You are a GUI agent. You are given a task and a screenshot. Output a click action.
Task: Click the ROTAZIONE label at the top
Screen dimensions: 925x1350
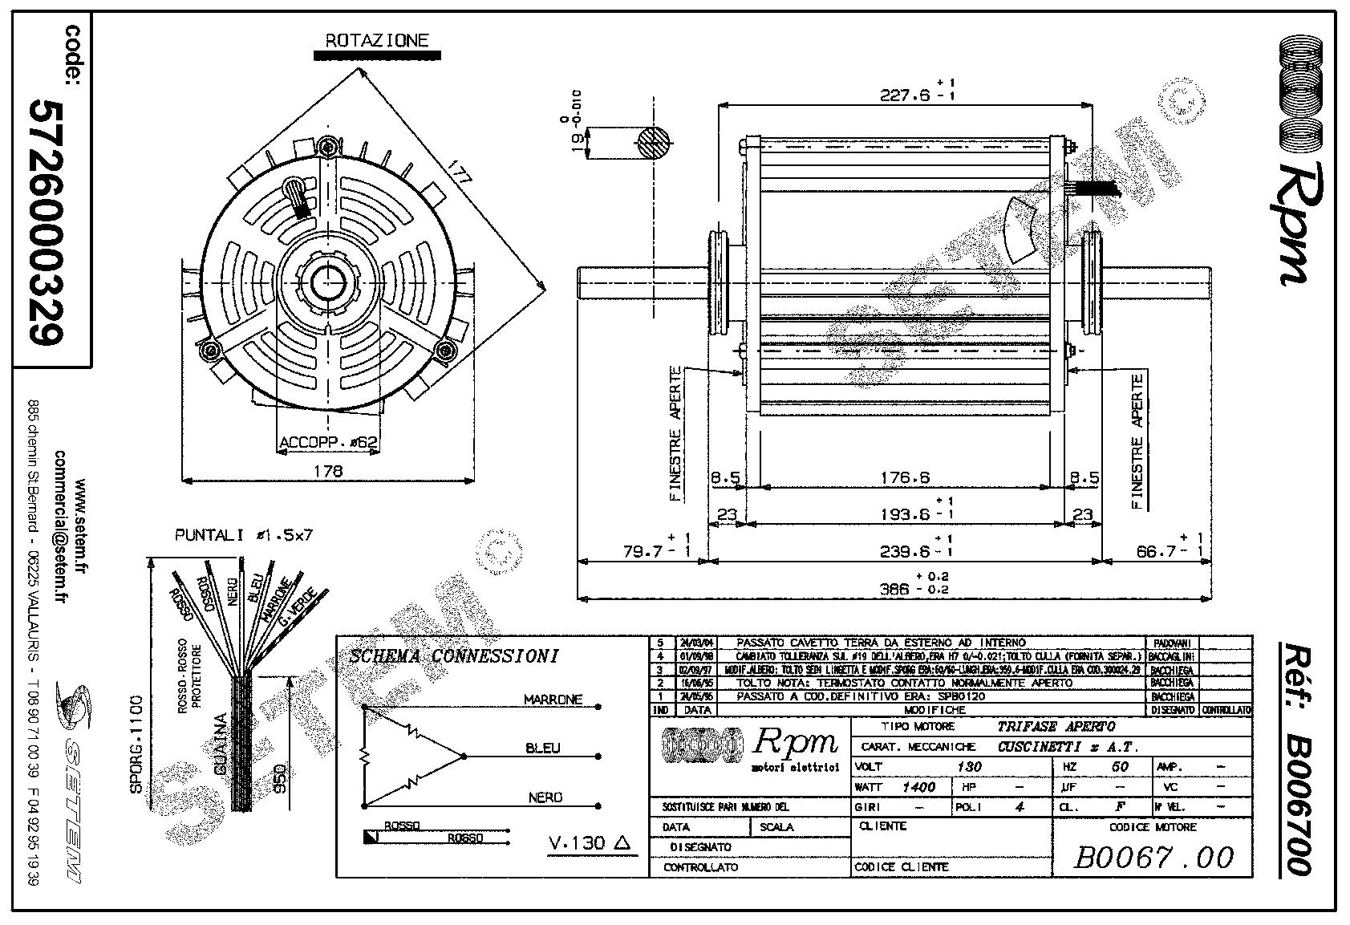[377, 40]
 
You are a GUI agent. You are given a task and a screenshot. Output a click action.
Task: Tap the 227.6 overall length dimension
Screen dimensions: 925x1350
[905, 95]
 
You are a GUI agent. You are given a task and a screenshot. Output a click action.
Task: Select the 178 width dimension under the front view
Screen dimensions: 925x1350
[329, 471]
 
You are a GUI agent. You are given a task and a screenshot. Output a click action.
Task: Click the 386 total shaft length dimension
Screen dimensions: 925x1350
[903, 589]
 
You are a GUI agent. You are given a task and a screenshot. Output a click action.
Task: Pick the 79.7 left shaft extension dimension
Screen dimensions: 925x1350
[647, 551]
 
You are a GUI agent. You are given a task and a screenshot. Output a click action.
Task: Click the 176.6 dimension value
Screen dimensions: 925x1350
[904, 478]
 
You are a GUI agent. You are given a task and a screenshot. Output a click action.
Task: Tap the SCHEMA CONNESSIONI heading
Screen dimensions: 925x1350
[454, 656]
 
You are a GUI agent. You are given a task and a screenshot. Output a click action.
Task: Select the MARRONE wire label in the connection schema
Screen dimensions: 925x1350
[553, 700]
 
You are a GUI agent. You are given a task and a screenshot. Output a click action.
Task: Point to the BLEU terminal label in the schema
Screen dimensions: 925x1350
[543, 749]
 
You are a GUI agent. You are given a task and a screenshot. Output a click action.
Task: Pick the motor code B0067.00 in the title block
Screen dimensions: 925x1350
[1153, 858]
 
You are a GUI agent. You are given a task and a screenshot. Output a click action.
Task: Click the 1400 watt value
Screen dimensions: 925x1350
[918, 787]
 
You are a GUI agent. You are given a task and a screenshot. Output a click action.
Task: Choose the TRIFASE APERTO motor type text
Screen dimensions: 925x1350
[1056, 727]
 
